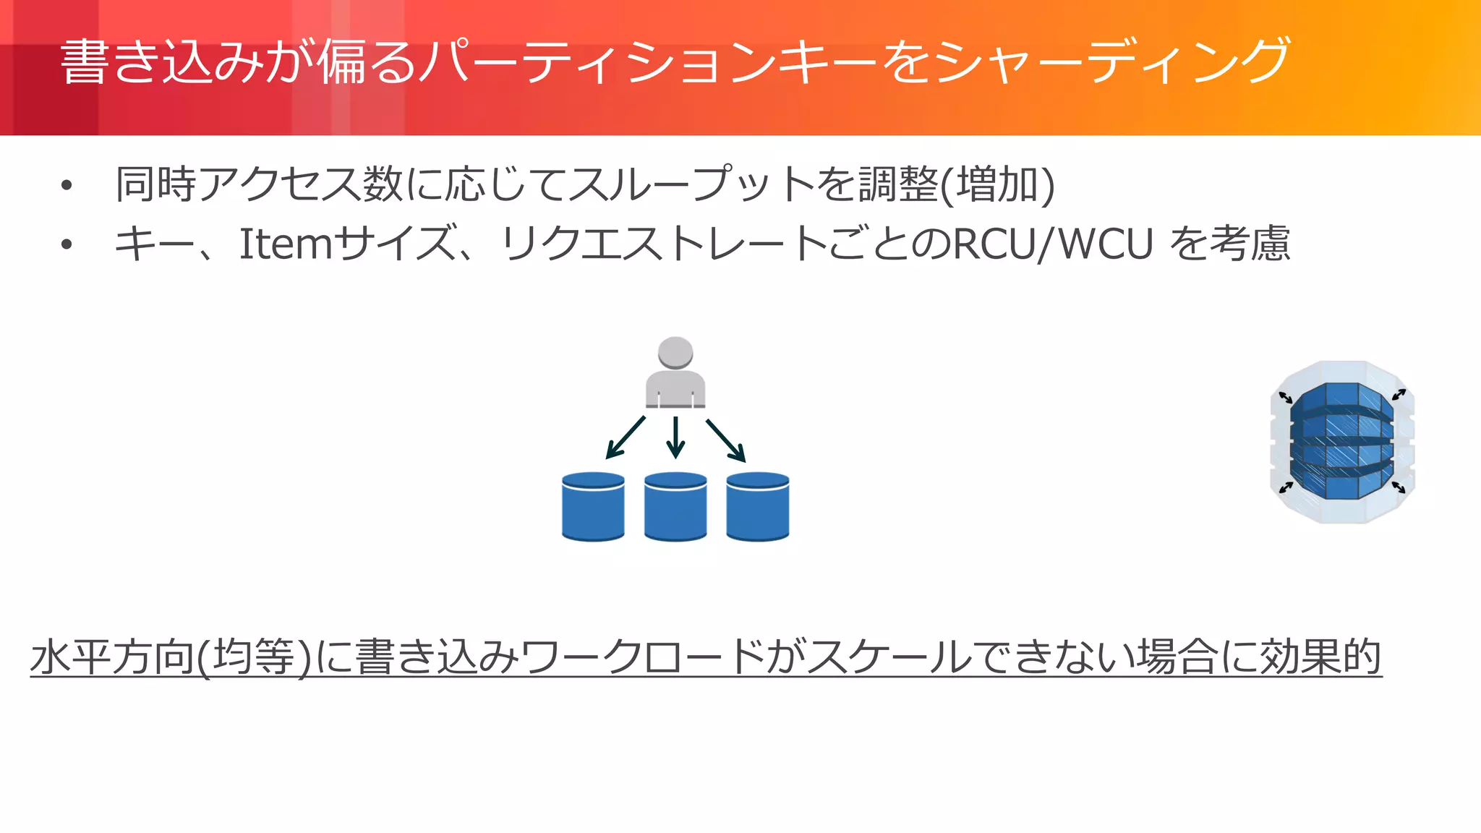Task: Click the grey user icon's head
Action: [x=675, y=352]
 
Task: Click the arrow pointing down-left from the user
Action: [x=625, y=437]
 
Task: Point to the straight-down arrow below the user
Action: [x=675, y=437]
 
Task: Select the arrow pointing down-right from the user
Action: [x=726, y=440]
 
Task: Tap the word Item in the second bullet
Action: [x=285, y=244]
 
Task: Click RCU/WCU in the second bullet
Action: [x=1053, y=244]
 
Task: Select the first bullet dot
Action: [x=67, y=186]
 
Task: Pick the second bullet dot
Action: [x=67, y=245]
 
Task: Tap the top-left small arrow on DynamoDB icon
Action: [x=1285, y=397]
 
